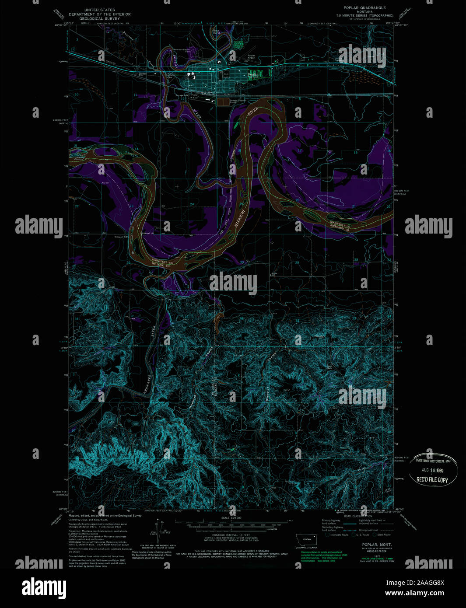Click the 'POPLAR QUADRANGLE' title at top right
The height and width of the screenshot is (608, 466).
(x=364, y=8)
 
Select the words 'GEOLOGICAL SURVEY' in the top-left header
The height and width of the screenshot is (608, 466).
(x=100, y=19)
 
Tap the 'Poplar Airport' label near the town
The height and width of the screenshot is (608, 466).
(x=251, y=57)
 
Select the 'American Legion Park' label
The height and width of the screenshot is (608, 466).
(x=180, y=50)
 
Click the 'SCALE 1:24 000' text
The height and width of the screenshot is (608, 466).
(x=231, y=518)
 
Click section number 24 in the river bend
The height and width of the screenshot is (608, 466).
(x=192, y=205)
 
